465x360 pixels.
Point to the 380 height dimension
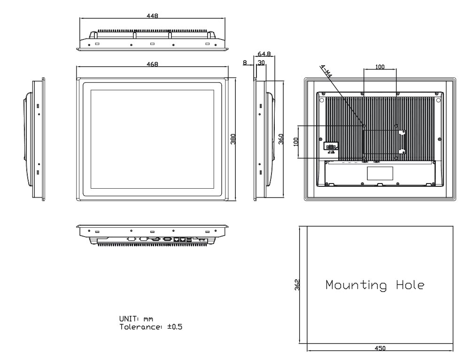233,139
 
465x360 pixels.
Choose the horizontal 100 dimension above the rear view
380,67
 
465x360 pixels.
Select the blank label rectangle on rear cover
379,173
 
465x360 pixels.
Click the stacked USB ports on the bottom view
189,240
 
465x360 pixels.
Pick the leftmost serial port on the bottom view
132,239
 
